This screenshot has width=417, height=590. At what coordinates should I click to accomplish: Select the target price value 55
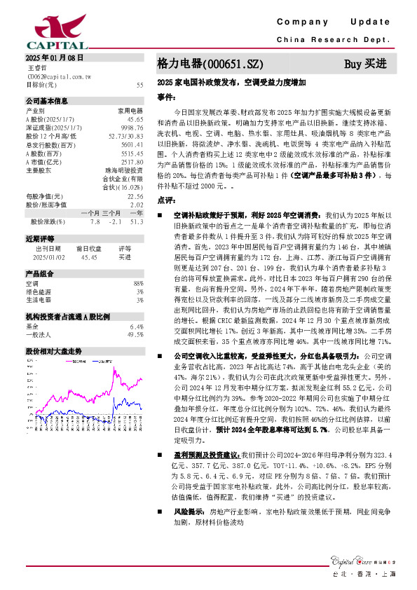pyautogui.click(x=139, y=85)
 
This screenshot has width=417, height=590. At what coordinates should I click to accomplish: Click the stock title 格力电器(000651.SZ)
pyautogui.click(x=210, y=64)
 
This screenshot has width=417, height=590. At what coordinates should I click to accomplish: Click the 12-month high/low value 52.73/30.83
pyautogui.click(x=126, y=135)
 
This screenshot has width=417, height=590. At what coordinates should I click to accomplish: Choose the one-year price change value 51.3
pyautogui.click(x=136, y=221)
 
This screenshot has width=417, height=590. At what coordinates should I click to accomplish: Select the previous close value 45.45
pyautogui.click(x=89, y=257)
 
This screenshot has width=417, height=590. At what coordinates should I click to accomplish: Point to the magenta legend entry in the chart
pyautogui.click(x=93, y=362)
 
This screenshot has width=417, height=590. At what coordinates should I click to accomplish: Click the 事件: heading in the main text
pyautogui.click(x=165, y=97)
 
